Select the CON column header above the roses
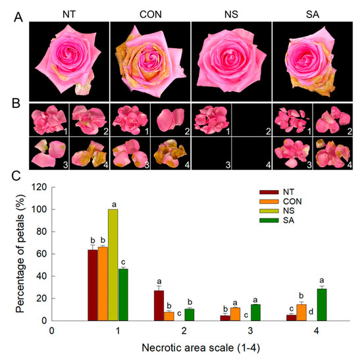149,12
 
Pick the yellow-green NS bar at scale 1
113,265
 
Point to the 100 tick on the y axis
43,210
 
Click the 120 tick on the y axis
43,188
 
